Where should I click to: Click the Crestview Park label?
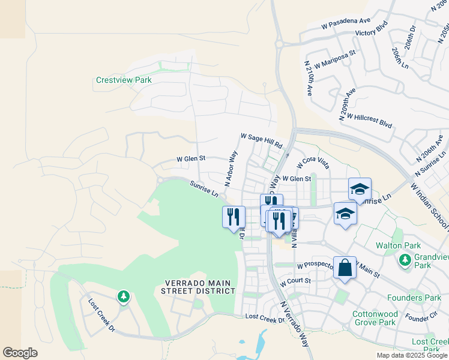pyautogui.click(x=124, y=80)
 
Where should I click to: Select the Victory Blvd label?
pyautogui.click(x=372, y=33)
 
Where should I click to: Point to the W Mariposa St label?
pyautogui.click(x=334, y=61)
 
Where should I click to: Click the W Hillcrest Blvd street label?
pyautogui.click(x=369, y=121)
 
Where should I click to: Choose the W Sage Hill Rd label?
pyautogui.click(x=261, y=141)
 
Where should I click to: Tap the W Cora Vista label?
pyautogui.click(x=313, y=163)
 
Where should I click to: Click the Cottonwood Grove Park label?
pyautogui.click(x=373, y=318)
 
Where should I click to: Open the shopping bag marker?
pyautogui.click(x=345, y=268)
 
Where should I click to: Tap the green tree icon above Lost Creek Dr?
pyautogui.click(x=123, y=296)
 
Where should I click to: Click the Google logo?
pyautogui.click(x=20, y=353)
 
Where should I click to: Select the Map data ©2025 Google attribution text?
pyautogui.click(x=412, y=355)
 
